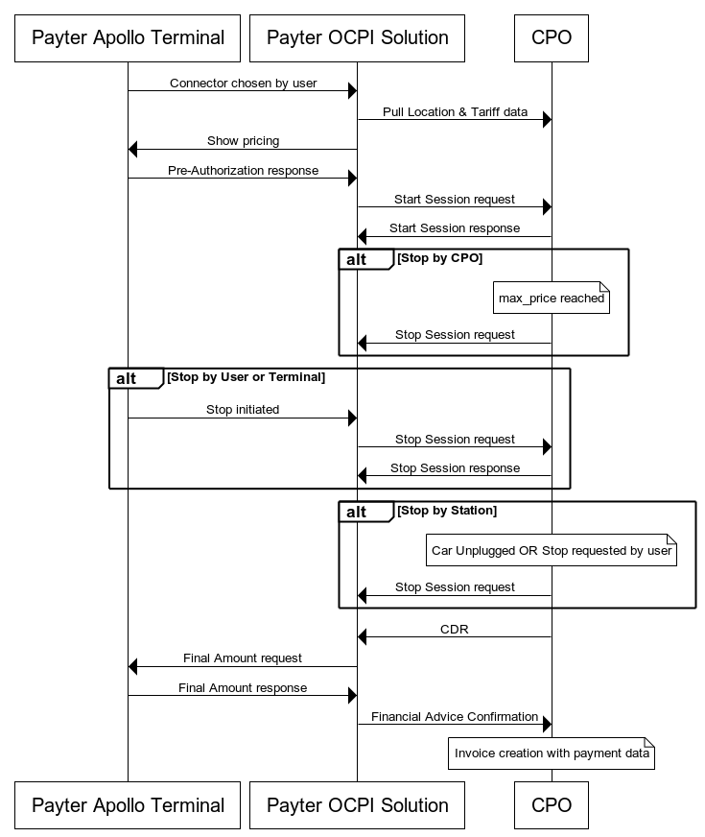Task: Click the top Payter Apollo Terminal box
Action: tap(128, 38)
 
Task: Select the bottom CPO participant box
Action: tap(551, 805)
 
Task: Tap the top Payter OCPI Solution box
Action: tap(357, 38)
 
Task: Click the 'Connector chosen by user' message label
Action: tap(243, 84)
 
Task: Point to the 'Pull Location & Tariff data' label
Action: tap(455, 112)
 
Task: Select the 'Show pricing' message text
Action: tap(243, 141)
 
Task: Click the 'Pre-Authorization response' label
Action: tap(243, 171)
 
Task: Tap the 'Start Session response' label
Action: tap(455, 228)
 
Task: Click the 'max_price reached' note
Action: tap(552, 299)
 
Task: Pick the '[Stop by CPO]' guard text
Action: tap(439, 258)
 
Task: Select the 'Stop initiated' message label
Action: tap(243, 410)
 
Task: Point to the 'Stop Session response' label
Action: tap(455, 468)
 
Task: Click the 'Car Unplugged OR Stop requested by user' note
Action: tap(552, 551)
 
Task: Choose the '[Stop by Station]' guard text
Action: tap(447, 511)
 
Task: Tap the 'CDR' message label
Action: tap(455, 630)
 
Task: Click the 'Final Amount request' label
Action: tap(243, 658)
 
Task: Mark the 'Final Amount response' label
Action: tap(243, 688)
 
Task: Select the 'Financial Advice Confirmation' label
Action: tap(455, 717)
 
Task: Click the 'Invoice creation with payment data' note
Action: tap(552, 753)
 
